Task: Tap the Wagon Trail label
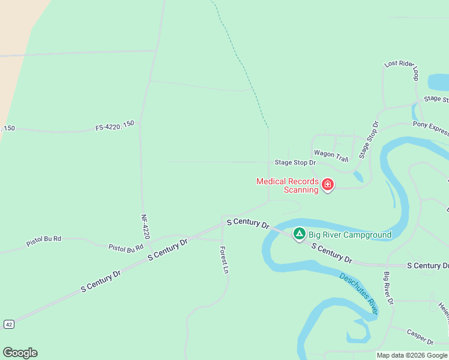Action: coord(331,156)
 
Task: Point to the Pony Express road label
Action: coord(430,127)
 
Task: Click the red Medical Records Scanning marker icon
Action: coord(328,184)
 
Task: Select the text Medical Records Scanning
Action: coord(287,185)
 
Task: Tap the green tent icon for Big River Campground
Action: coord(299,233)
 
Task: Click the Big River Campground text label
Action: coord(350,235)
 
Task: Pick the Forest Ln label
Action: coord(224,260)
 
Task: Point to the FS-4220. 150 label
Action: coord(115,128)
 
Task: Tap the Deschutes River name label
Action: coord(358,293)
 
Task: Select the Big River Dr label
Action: coord(388,288)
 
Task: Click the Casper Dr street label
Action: coord(420,337)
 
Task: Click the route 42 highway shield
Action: coord(8,324)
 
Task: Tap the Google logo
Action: coord(20,353)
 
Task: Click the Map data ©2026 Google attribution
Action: coord(412,355)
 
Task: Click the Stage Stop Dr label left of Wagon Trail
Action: coord(295,163)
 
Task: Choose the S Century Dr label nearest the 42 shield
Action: coord(101,281)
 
